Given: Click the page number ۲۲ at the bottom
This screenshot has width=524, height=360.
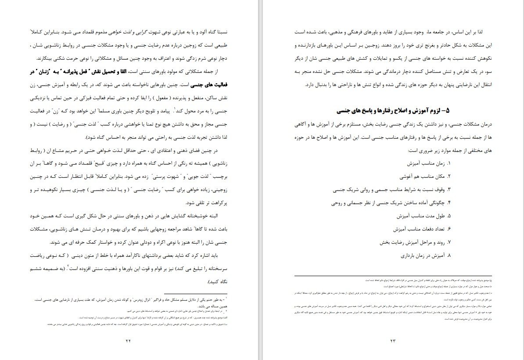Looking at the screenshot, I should click(129, 341).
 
